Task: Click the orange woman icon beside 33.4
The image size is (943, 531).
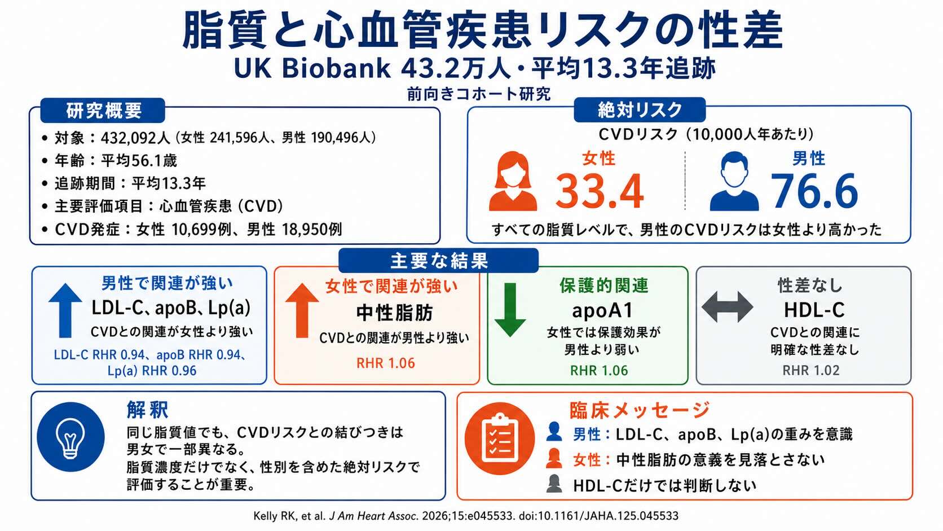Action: point(513,181)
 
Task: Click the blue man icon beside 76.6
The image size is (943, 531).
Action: point(734,181)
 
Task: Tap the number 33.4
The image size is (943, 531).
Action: point(600,191)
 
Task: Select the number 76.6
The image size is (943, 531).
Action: point(814,191)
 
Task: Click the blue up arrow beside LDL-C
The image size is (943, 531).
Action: point(65,310)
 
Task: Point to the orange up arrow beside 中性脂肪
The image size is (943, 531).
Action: point(302,310)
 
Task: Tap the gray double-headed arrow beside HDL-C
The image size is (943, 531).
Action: point(728,307)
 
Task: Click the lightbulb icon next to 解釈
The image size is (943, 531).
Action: point(70,437)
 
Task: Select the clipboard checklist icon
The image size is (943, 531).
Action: point(500,439)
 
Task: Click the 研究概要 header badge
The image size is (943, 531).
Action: point(103,111)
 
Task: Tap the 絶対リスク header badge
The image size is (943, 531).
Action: point(640,110)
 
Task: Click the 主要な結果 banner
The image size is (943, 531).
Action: point(439,261)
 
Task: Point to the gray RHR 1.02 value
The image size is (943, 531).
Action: point(811,371)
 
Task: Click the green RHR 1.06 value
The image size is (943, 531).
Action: point(598,371)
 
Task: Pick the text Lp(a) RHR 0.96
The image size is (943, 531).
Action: point(152,371)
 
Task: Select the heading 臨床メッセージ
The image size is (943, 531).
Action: point(640,410)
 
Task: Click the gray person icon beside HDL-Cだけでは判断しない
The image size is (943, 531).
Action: point(554,484)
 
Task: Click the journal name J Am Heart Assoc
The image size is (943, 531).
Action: point(373,516)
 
